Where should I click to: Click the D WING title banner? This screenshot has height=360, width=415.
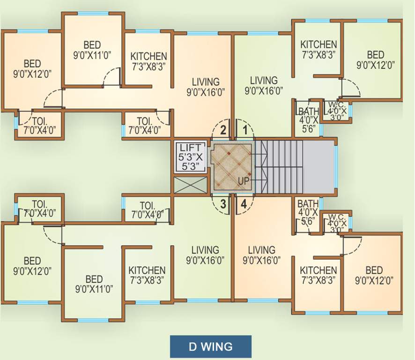pyautogui.click(x=210, y=347)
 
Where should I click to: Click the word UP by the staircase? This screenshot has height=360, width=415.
pyautogui.click(x=244, y=180)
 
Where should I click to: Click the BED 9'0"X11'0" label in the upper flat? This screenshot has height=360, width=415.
pyautogui.click(x=92, y=50)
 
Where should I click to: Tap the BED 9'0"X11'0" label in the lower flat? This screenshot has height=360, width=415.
pyautogui.click(x=94, y=284)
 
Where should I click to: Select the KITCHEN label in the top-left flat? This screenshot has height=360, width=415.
pyautogui.click(x=148, y=61)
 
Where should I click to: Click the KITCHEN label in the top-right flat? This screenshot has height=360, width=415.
pyautogui.click(x=319, y=49)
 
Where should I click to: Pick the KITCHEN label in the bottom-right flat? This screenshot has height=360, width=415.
pyautogui.click(x=319, y=275)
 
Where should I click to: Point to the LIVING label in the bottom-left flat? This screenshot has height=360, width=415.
pyautogui.click(x=205, y=255)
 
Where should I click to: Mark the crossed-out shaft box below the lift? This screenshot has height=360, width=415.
pyautogui.click(x=190, y=185)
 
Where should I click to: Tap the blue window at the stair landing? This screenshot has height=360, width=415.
pyautogui.click(x=335, y=166)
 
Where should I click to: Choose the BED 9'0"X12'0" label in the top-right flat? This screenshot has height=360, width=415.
pyautogui.click(x=375, y=60)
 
